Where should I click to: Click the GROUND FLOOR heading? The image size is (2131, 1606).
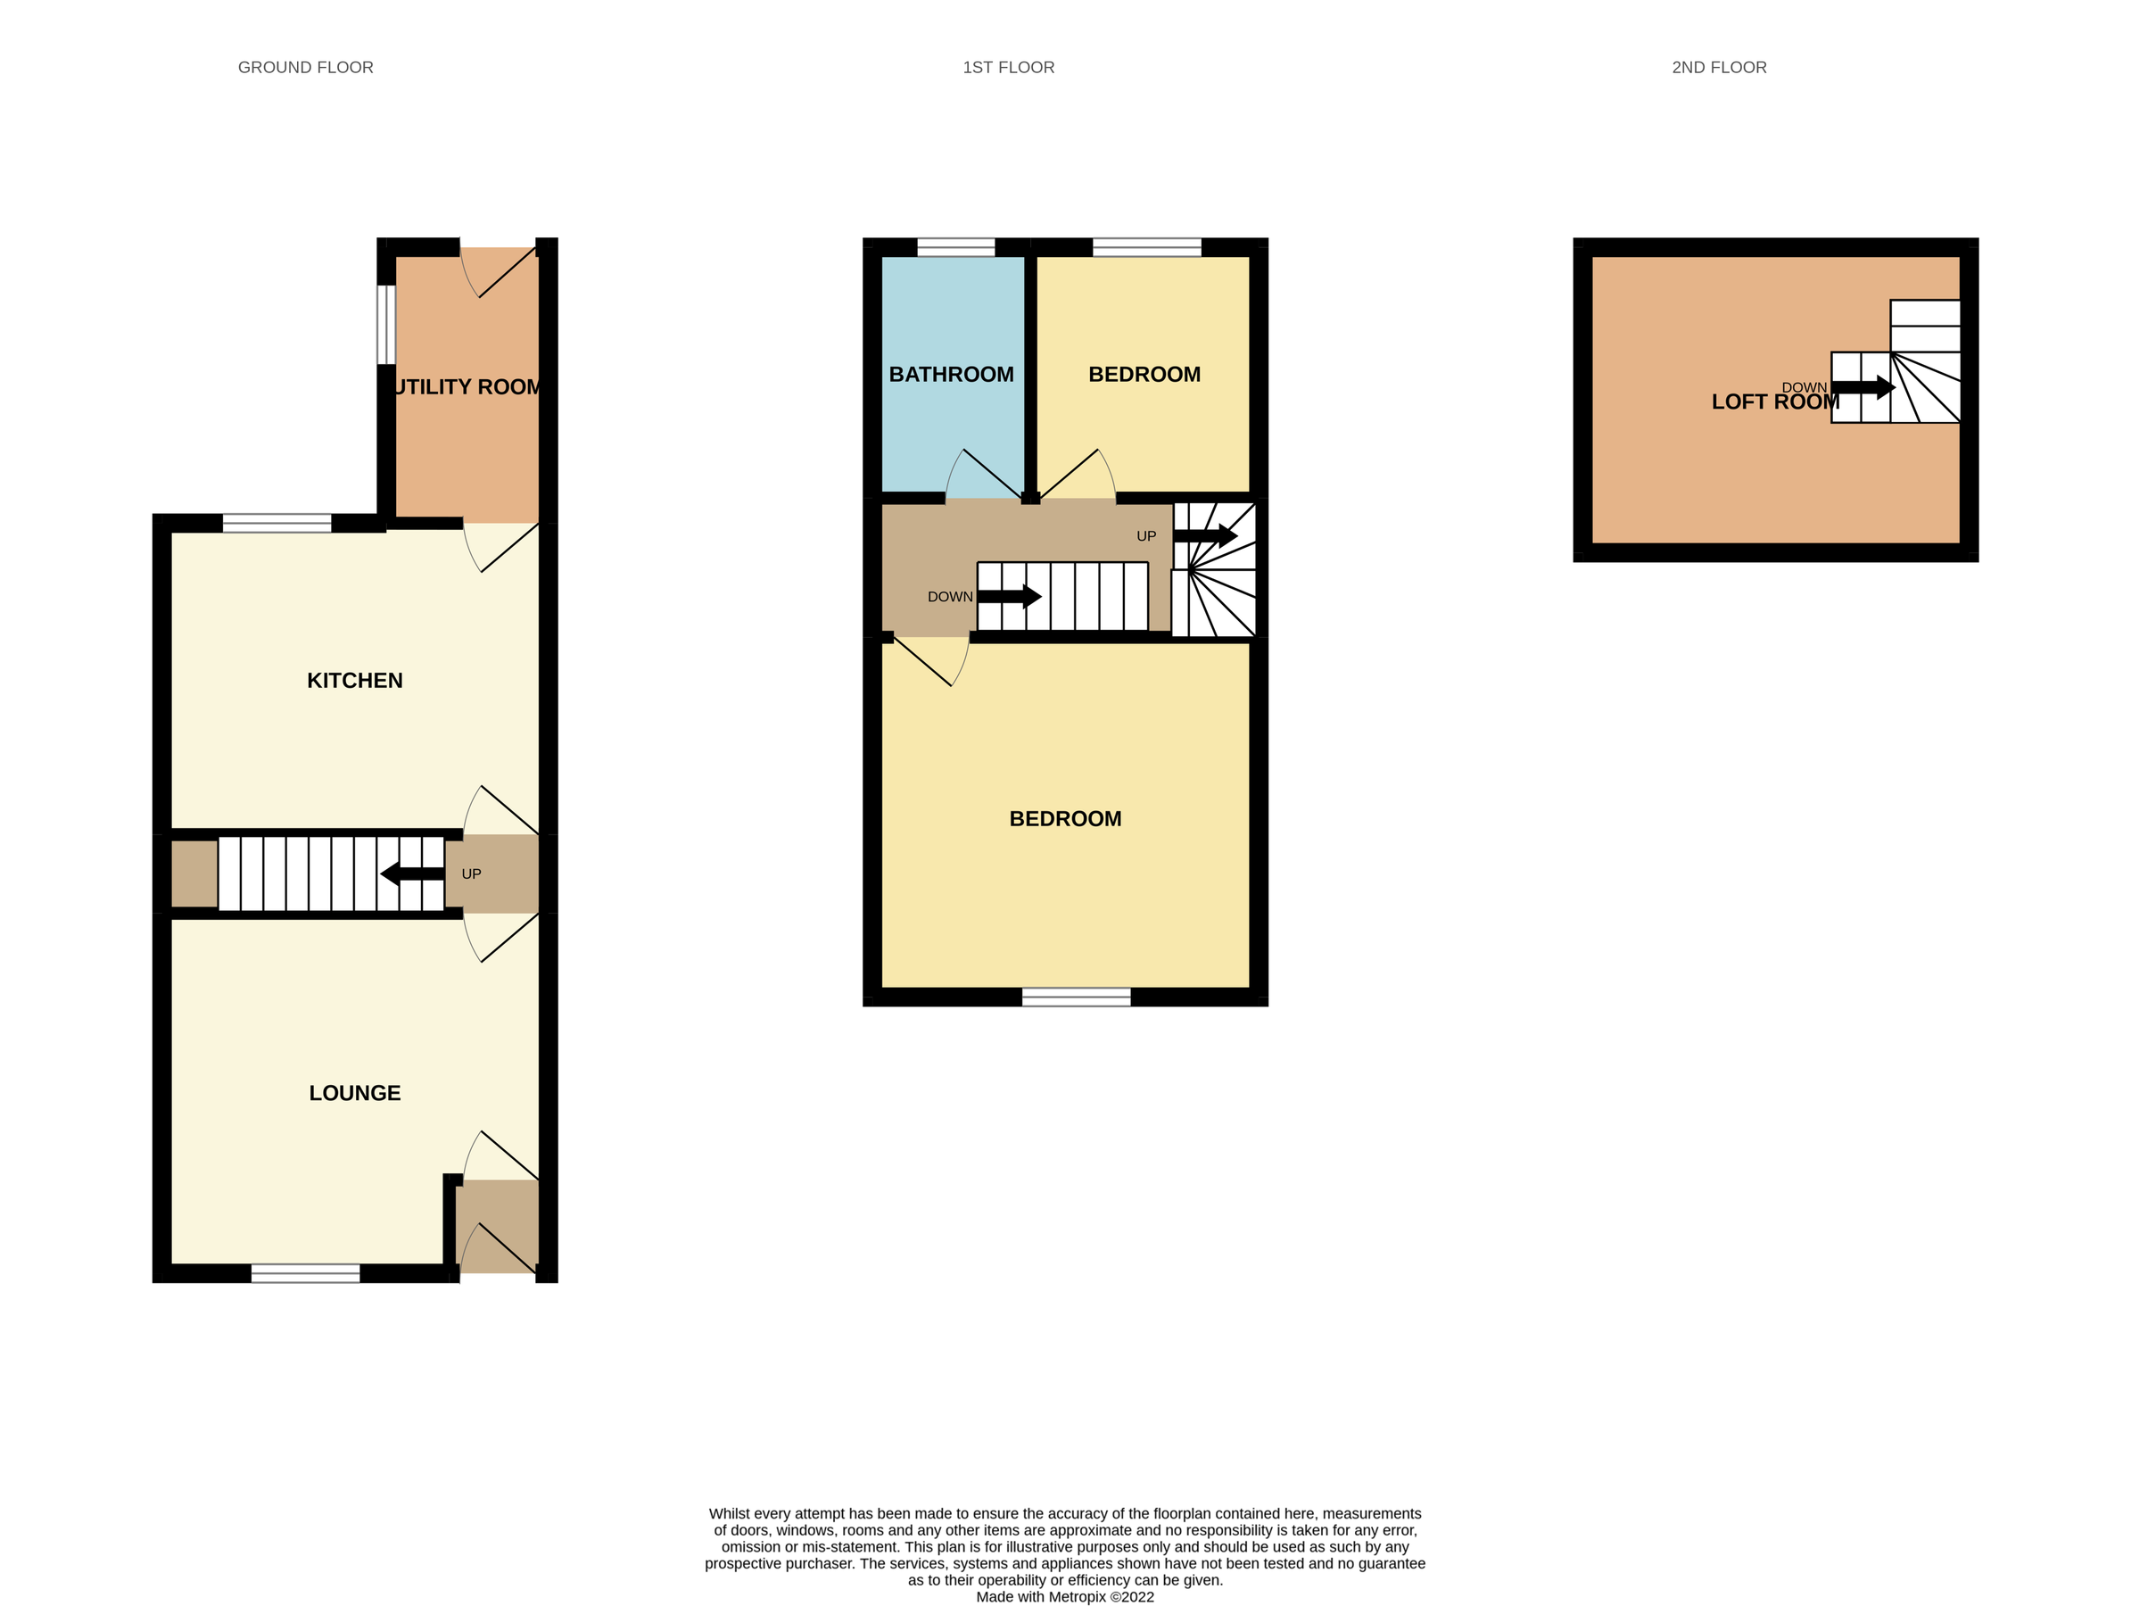[305, 68]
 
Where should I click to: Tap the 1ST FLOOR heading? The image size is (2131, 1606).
[1008, 68]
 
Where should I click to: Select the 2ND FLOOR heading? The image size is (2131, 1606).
[1719, 68]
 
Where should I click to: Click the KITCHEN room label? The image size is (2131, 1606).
[354, 680]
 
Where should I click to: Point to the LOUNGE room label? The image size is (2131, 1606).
[354, 1092]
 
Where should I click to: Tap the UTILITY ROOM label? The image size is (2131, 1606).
[467, 386]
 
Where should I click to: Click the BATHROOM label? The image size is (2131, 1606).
[951, 374]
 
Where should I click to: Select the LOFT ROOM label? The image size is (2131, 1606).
[1774, 401]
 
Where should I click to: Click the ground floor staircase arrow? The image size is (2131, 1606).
[412, 873]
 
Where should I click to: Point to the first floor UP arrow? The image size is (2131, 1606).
[1205, 535]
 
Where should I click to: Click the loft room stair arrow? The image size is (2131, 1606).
[1863, 388]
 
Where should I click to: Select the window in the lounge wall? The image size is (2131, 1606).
[305, 1272]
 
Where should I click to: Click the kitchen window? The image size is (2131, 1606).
[277, 523]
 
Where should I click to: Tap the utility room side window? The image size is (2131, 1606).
[385, 324]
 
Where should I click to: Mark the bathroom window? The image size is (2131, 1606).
[955, 246]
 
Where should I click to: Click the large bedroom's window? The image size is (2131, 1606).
[1076, 998]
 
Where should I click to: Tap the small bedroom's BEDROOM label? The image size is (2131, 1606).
[1144, 374]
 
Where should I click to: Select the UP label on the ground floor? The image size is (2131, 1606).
[471, 873]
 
